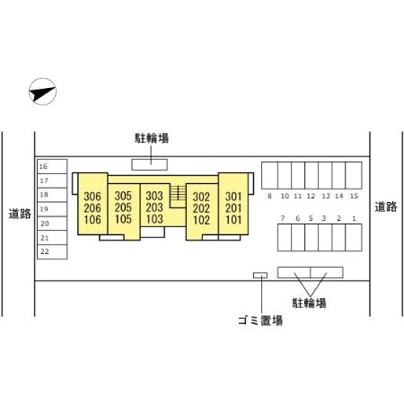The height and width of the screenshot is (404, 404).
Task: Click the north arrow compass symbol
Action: tap(42, 92)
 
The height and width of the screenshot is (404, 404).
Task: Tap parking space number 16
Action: tap(52, 166)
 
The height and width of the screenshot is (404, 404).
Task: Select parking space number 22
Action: tap(52, 251)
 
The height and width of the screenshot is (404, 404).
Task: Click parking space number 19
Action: tap(52, 209)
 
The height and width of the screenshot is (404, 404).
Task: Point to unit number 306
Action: tap(92, 197)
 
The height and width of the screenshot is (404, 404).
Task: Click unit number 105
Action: tap(123, 219)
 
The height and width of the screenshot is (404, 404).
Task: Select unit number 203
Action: tap(154, 207)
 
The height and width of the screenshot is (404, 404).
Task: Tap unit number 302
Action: tap(201, 197)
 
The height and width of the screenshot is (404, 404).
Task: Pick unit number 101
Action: tap(233, 220)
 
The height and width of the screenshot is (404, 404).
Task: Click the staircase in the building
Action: tap(178, 193)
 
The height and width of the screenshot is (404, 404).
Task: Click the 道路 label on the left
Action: tap(20, 214)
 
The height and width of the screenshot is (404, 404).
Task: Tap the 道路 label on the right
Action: tap(386, 206)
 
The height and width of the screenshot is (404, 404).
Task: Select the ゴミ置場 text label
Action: tap(260, 321)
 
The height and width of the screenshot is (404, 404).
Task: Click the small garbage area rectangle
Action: tap(260, 276)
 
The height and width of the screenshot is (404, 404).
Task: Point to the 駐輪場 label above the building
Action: tap(152, 138)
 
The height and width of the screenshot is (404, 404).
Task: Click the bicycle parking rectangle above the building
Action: tap(150, 164)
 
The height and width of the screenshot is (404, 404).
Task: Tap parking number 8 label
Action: tap(269, 196)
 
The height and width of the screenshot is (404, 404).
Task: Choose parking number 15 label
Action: tap(354, 196)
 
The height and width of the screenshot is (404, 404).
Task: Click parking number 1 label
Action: tap(354, 218)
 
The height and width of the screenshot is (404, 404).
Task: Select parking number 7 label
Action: tap(283, 218)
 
